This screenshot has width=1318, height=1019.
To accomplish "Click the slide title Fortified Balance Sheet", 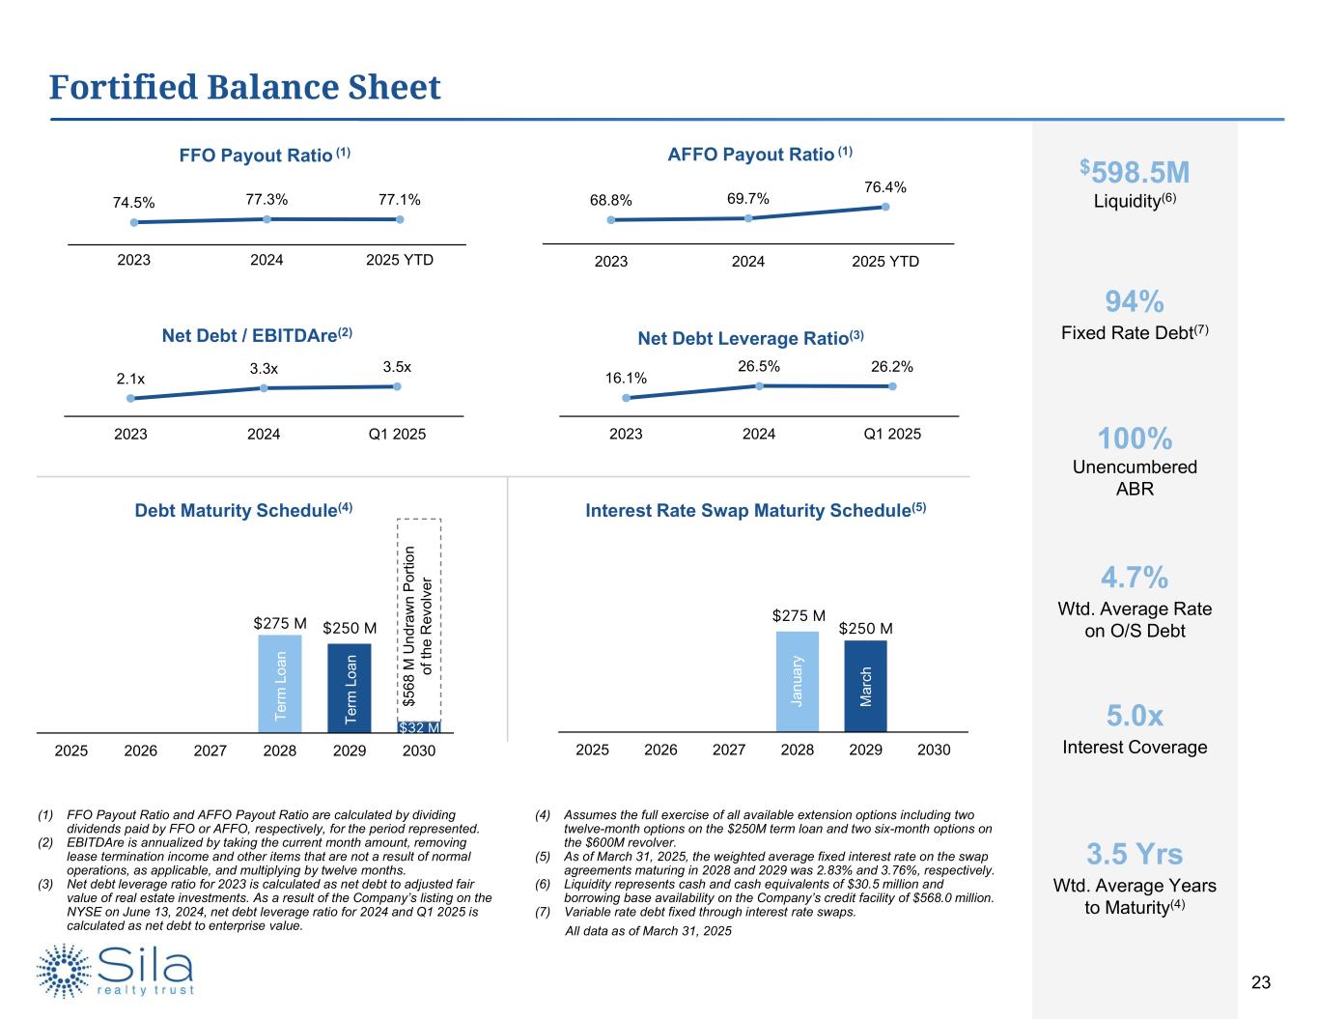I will [x=245, y=87].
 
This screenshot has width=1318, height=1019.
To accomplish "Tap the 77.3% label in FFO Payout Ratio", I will [x=266, y=200].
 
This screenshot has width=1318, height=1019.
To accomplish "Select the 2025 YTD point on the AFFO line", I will [x=885, y=206].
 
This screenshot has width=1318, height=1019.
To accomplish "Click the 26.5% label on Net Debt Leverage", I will [x=759, y=367].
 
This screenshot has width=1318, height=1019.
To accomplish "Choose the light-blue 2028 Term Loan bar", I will [x=280, y=683].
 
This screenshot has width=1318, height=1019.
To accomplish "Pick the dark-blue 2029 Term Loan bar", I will [x=350, y=687].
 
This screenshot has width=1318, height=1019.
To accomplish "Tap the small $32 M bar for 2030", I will [x=419, y=726].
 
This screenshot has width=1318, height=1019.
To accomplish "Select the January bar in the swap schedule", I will [x=798, y=680].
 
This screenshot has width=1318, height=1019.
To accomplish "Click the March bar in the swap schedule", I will [x=865, y=685].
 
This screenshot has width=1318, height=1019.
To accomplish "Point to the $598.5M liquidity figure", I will [x=1135, y=173].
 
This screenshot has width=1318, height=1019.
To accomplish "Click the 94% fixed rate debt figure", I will [x=1135, y=302].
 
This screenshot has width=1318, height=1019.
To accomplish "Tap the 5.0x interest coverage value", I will [x=1135, y=716].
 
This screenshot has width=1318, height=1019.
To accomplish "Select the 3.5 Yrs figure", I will [x=1135, y=854].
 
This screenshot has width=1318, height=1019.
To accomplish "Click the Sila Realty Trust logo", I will [x=116, y=970].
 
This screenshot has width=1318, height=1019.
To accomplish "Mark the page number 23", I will [x=1260, y=983].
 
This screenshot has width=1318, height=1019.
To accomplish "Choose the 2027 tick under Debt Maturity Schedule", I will [x=210, y=750].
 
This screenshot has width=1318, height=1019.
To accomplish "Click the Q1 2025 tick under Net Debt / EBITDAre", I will [x=397, y=434].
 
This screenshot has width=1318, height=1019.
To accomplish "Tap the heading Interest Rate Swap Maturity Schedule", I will [x=756, y=510].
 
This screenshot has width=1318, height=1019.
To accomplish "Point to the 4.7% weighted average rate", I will [x=1135, y=578].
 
